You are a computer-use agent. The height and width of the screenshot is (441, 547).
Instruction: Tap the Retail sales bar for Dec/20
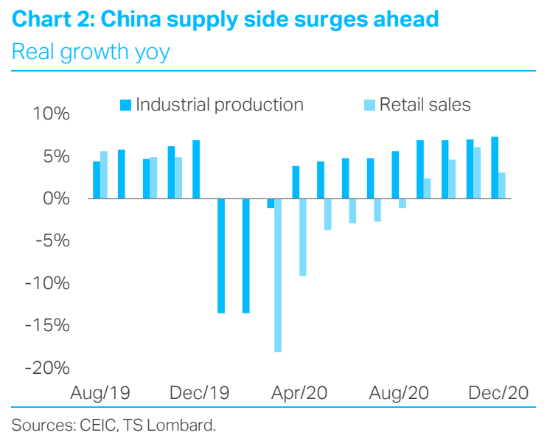point(502,185)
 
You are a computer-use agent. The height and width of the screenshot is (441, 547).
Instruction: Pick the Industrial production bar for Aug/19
point(97,180)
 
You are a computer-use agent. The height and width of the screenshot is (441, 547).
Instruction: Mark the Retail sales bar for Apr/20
point(303,237)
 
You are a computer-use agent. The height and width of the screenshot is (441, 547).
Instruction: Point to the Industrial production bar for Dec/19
point(196,169)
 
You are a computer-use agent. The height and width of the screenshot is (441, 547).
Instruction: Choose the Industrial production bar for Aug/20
point(395,175)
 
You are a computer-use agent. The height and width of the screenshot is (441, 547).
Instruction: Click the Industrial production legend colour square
point(125,105)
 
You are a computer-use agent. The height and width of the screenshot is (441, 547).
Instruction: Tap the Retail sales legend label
point(424,105)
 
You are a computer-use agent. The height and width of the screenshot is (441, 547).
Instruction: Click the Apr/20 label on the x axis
point(299,392)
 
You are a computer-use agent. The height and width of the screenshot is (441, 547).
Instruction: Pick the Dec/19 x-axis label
point(200,392)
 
